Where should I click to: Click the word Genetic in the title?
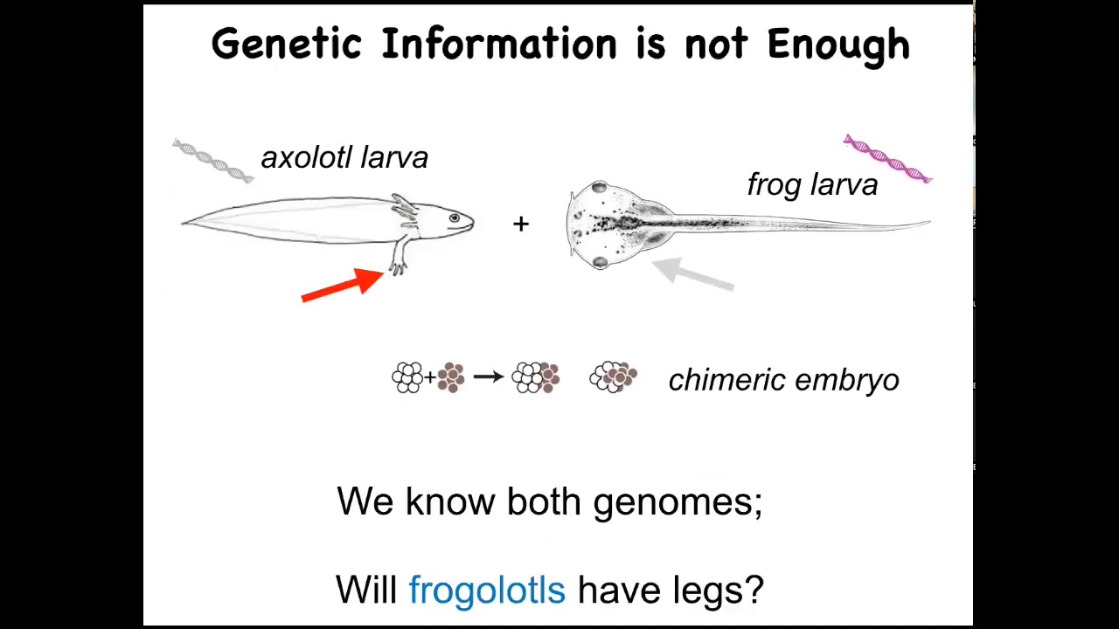pos(286,44)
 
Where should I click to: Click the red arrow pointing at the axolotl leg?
pos(343,286)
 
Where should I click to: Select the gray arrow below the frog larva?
pos(693,273)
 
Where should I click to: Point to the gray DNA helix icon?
pos(213,160)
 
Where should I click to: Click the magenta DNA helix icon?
pos(887,158)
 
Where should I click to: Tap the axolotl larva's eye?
pos(454,218)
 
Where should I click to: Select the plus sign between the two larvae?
pos(521,224)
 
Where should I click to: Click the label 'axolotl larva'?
pos(344,158)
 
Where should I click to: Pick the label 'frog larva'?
pos(812,185)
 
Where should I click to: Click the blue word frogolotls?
pos(487,590)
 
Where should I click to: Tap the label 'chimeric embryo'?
pos(784,380)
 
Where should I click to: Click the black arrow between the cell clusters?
pos(489,377)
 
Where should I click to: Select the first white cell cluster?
pos(407,377)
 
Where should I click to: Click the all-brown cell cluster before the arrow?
pos(451,377)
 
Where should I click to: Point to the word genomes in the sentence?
pos(678,502)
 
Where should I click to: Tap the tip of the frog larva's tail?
pos(929,222)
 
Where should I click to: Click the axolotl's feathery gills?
pos(405,210)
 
